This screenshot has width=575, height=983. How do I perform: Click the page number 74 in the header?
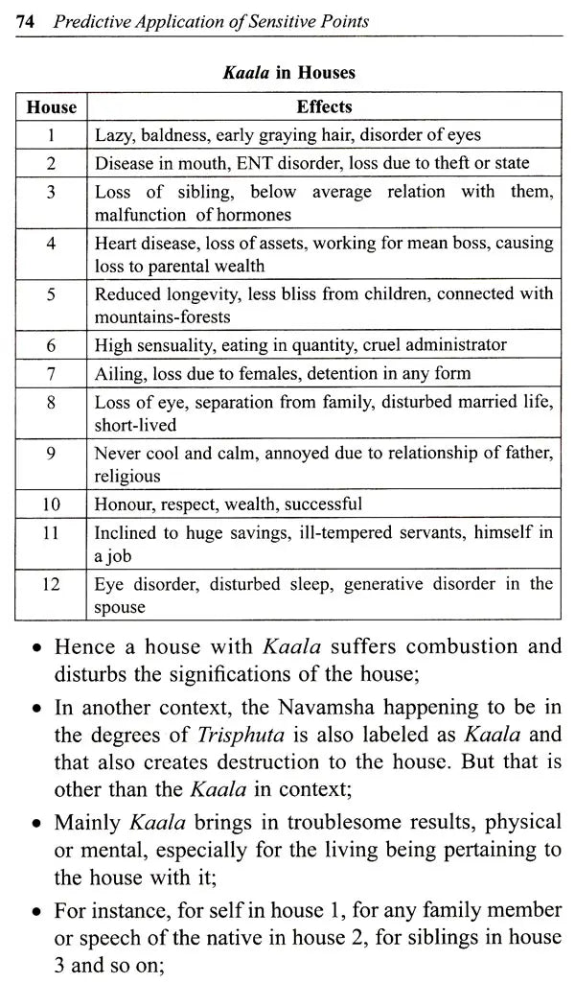[26, 21]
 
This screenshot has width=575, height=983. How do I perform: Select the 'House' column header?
[52, 107]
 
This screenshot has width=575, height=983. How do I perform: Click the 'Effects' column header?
[324, 107]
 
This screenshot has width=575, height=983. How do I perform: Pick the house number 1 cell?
[52, 135]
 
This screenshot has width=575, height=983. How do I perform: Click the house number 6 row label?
[52, 344]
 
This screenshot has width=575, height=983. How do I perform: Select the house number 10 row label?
[52, 503]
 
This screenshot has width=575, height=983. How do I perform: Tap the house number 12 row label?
[52, 583]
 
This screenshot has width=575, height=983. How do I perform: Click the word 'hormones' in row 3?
[256, 215]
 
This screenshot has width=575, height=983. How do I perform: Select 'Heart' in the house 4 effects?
[116, 243]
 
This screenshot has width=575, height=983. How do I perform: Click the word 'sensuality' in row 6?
[174, 344]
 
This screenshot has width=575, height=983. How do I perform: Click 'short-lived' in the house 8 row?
[135, 424]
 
